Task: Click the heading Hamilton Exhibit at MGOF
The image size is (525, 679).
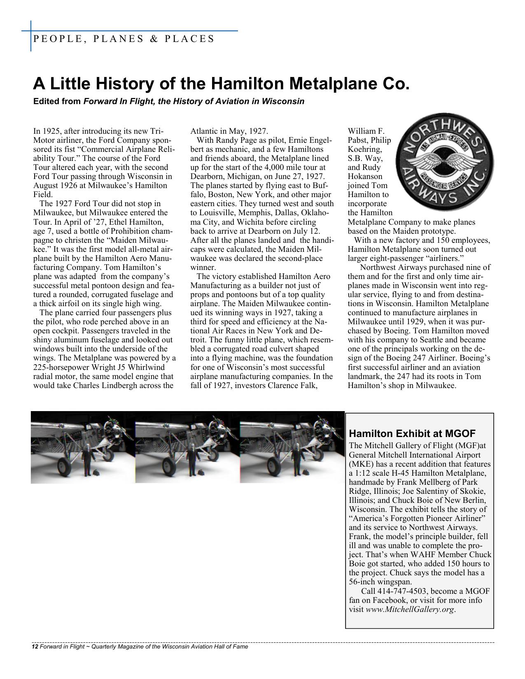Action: [412, 433]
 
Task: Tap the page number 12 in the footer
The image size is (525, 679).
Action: [35, 647]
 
